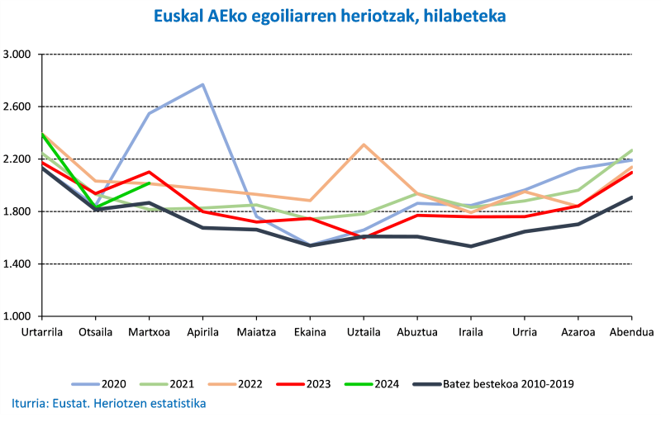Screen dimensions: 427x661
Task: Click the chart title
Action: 330,16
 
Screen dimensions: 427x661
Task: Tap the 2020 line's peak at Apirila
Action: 202,84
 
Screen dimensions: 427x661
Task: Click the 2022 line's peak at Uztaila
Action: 364,145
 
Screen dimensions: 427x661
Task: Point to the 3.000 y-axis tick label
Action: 17,55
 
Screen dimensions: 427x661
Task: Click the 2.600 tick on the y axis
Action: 17,107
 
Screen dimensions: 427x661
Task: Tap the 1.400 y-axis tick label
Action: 17,264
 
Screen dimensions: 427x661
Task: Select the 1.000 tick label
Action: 17,316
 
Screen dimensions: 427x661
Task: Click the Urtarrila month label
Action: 41,332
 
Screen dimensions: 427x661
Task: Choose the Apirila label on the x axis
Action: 202,332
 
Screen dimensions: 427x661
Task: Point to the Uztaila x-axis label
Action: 364,332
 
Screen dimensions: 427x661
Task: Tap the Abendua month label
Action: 631,332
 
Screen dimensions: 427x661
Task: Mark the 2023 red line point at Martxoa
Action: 149,172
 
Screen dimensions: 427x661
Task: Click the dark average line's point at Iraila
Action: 471,246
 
